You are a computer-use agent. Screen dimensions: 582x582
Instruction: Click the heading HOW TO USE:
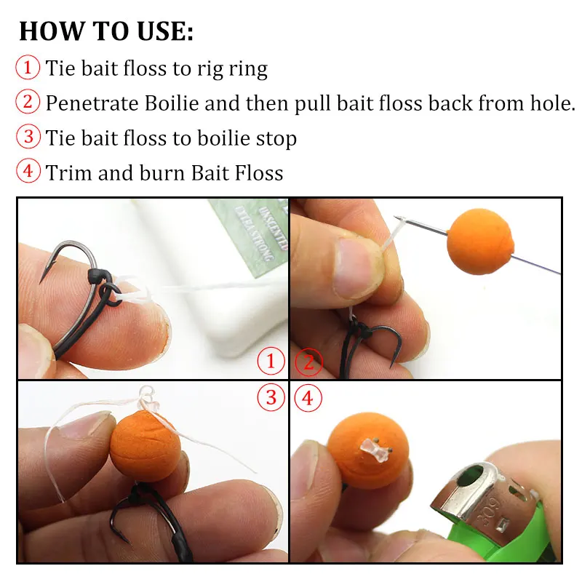[106, 31]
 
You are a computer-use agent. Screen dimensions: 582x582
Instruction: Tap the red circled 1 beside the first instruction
[28, 67]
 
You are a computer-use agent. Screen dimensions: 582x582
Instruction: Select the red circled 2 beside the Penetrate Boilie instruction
[28, 101]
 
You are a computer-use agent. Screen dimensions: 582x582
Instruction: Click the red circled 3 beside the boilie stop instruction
[28, 136]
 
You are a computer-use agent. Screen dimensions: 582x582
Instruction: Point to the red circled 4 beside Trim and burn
[28, 171]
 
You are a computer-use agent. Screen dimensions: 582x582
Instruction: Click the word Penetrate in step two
[92, 103]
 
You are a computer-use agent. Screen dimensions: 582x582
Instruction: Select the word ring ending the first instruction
[248, 69]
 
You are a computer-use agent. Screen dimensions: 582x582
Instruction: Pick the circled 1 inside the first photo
[271, 360]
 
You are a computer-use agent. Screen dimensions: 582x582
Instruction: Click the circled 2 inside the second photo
[308, 362]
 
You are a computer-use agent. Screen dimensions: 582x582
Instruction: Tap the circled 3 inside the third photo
[271, 397]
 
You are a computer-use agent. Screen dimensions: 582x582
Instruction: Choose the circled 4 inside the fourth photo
[308, 398]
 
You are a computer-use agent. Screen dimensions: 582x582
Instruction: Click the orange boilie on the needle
[480, 242]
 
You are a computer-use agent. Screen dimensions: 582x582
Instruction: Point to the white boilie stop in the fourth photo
[374, 449]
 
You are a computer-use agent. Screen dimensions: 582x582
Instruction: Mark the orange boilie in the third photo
[145, 446]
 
